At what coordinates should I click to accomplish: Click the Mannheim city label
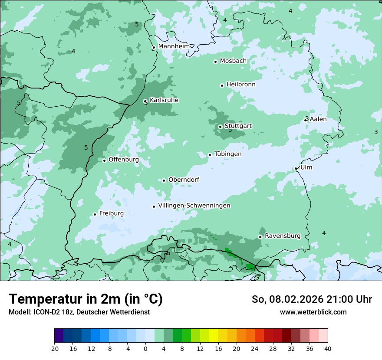click(x=174, y=46)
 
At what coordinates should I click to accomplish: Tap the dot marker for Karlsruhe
click(x=145, y=101)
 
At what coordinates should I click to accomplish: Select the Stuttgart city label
click(x=238, y=126)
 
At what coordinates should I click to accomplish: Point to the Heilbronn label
click(x=241, y=85)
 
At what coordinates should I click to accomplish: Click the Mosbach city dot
click(x=215, y=62)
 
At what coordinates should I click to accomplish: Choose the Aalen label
click(x=318, y=119)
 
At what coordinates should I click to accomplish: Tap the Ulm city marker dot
click(x=296, y=169)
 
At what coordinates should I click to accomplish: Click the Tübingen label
click(x=228, y=154)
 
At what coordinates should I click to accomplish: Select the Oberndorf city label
click(x=184, y=180)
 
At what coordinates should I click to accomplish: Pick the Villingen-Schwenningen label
click(x=194, y=206)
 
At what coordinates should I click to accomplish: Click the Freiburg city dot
click(x=95, y=214)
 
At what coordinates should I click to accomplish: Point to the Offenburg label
click(x=124, y=160)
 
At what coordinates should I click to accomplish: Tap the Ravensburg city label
click(x=283, y=236)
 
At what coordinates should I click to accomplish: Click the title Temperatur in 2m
click(x=86, y=299)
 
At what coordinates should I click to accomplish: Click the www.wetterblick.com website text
click(x=313, y=312)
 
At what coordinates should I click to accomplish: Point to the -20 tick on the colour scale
click(x=54, y=348)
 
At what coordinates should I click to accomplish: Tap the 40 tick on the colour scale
click(x=328, y=348)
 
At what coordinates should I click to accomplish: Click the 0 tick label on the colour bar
click(x=145, y=348)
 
